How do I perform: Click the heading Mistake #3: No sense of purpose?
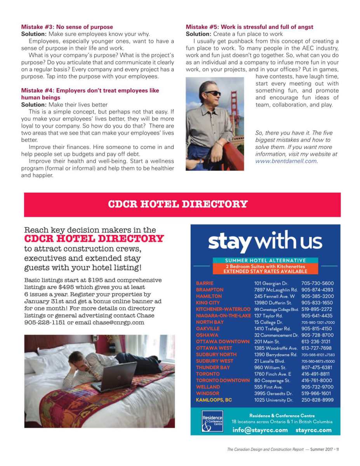pyautogui.click(x=67, y=27)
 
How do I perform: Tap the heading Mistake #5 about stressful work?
pyautogui.click(x=249, y=27)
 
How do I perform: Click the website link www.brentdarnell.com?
pyautogui.click(x=286, y=161)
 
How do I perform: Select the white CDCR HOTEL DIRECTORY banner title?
pyautogui.click(x=177, y=204)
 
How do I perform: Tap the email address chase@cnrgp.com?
pyautogui.click(x=118, y=322)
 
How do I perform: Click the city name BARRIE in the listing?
pyautogui.click(x=205, y=283)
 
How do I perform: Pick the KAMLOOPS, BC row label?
pyautogui.click(x=214, y=400)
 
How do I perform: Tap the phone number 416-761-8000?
pyautogui.click(x=317, y=381)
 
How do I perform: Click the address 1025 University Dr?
pyautogui.click(x=273, y=400)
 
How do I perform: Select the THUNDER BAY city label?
pyautogui.click(x=213, y=367)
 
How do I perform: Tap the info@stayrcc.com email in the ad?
pyautogui.click(x=260, y=430)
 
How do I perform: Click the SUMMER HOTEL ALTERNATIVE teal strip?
pyautogui.click(x=265, y=260)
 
